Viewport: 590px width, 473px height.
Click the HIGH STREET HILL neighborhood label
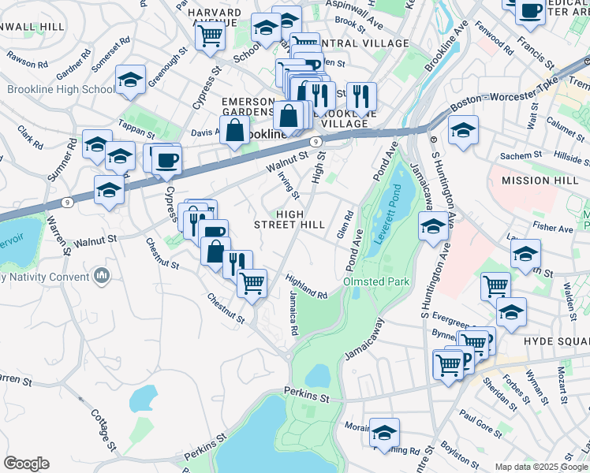coord(289,220)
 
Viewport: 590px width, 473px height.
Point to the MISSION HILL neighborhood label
coord(536,181)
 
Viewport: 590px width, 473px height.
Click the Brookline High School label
coord(61,90)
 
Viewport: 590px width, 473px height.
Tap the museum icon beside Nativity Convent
coord(101,275)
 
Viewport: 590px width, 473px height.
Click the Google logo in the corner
coord(26,463)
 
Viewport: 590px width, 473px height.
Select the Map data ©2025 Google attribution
coord(541,467)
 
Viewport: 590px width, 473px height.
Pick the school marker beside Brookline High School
coord(130,79)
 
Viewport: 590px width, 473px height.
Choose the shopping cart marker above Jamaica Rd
coord(252,282)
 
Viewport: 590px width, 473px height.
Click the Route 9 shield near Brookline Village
coord(315,142)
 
